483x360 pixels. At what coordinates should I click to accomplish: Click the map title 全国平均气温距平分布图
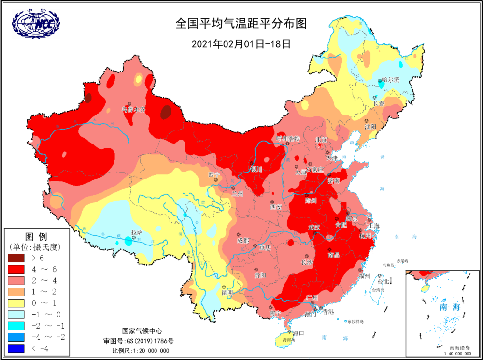pyautogui.click(x=241, y=24)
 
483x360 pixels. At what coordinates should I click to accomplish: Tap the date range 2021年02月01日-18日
pyautogui.click(x=241, y=43)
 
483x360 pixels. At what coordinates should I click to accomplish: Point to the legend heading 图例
pyautogui.click(x=36, y=237)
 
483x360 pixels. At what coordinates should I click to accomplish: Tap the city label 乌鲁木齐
pyautogui.click(x=133, y=110)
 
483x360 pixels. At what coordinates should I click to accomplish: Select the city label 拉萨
pyautogui.click(x=137, y=232)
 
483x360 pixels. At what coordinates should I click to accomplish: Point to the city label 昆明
pyautogui.click(x=227, y=293)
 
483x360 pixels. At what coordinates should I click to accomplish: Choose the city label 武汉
pyautogui.click(x=314, y=228)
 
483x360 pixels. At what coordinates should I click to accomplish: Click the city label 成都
pyautogui.click(x=243, y=240)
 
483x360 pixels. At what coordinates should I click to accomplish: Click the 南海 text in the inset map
pyautogui.click(x=447, y=307)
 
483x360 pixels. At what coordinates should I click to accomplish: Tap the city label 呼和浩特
pyautogui.click(x=288, y=139)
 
